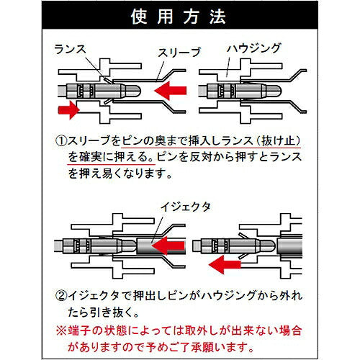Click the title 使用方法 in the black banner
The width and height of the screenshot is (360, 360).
pos(180,17)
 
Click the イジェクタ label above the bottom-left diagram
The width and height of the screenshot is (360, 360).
pos(189,207)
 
